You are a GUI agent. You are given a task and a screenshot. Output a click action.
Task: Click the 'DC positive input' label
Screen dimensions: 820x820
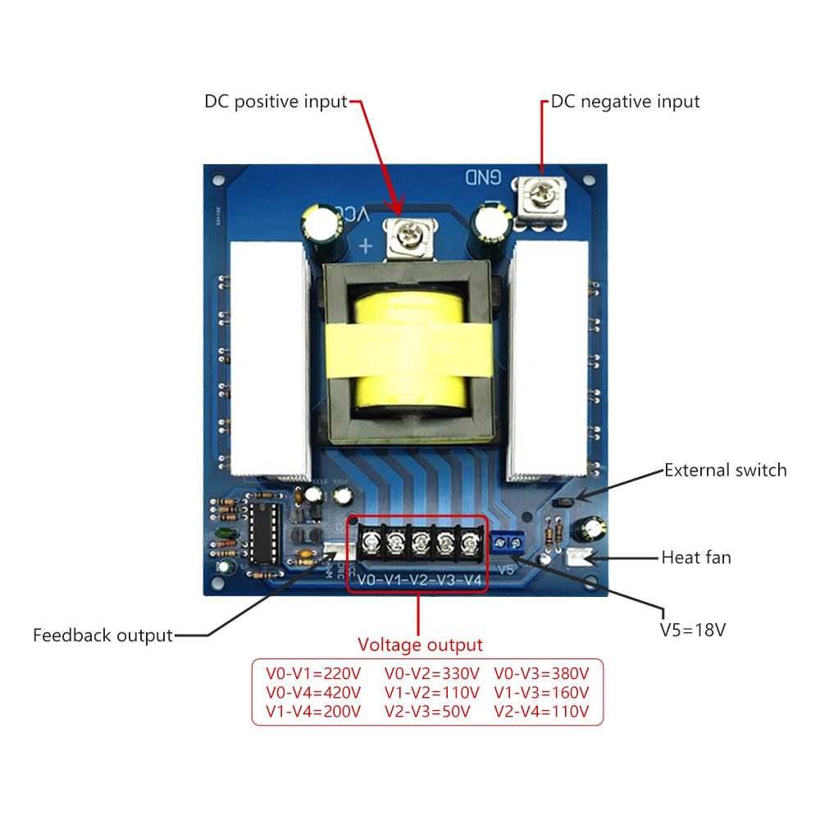coord(276,102)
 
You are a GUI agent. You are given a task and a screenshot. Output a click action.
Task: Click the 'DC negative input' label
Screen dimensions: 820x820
coord(625,102)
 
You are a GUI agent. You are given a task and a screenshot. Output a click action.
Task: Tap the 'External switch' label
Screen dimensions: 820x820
coord(725,471)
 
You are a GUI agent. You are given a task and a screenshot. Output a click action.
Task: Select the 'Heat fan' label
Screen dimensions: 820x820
coord(696,558)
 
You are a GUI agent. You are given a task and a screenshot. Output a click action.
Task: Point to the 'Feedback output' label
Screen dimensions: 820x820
coord(102,635)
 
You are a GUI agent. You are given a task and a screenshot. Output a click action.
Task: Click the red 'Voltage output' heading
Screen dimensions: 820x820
coord(420,645)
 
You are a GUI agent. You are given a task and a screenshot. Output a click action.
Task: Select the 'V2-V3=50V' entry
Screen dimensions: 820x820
coord(426,711)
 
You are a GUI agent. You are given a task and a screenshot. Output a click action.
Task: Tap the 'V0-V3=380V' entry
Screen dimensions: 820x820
coord(541,673)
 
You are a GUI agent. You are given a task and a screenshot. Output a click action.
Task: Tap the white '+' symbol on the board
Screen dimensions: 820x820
coord(366,245)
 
